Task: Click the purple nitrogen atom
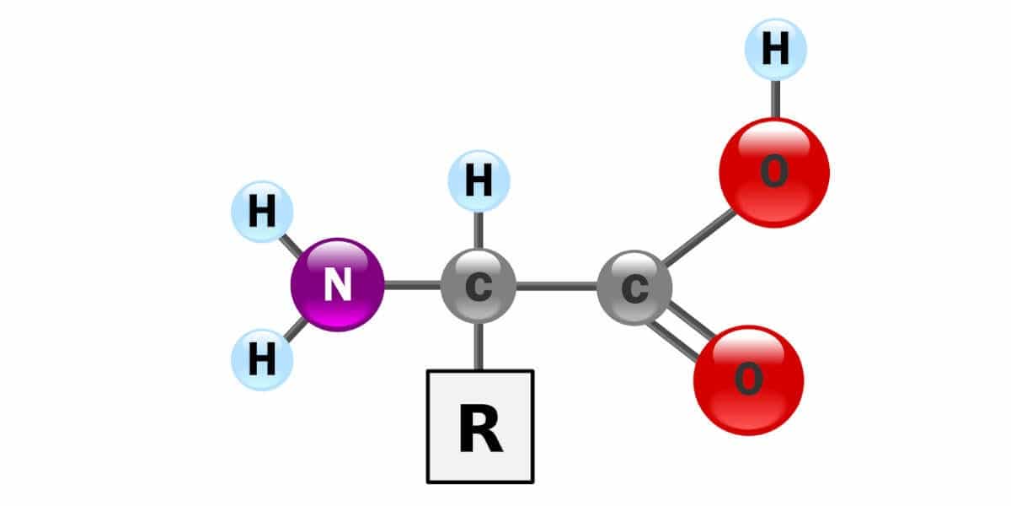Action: coord(338,285)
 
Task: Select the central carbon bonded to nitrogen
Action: coord(479,286)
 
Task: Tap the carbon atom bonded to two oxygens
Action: coord(634,288)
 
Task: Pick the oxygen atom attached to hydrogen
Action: coord(774,172)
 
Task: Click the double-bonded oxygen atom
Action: coord(749,380)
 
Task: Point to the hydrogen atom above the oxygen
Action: coord(775,49)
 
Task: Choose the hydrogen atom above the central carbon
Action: coord(479,180)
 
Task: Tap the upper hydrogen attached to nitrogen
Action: coord(262,212)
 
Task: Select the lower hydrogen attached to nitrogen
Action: coord(262,359)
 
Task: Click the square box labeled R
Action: coord(480,427)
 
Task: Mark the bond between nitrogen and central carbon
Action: coord(413,285)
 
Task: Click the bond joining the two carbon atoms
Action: coord(557,287)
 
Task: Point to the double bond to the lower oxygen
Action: coord(682,332)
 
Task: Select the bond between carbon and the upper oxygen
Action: coord(698,237)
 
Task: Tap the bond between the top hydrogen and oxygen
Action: coord(775,100)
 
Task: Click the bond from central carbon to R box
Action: coord(479,347)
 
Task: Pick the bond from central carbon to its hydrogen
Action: coord(479,230)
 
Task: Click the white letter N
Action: coord(338,285)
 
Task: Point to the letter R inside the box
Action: coord(480,428)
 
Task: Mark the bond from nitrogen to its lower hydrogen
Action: coord(296,330)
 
